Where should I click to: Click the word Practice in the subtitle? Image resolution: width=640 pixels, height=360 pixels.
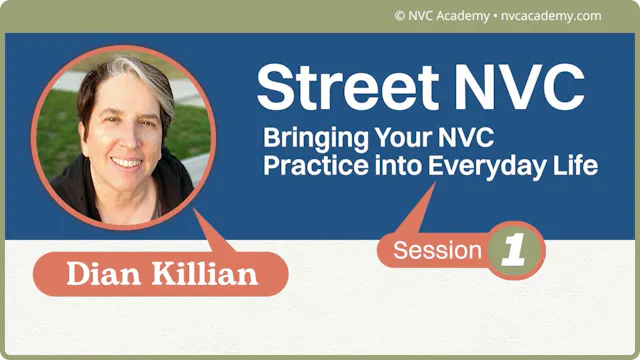(304, 165)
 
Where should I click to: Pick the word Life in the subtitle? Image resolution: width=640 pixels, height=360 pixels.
(578, 165)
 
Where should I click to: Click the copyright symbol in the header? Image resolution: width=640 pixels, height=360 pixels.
(400, 16)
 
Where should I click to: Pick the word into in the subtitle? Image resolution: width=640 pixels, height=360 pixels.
(398, 165)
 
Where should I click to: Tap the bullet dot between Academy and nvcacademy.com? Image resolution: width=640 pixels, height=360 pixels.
(493, 16)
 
